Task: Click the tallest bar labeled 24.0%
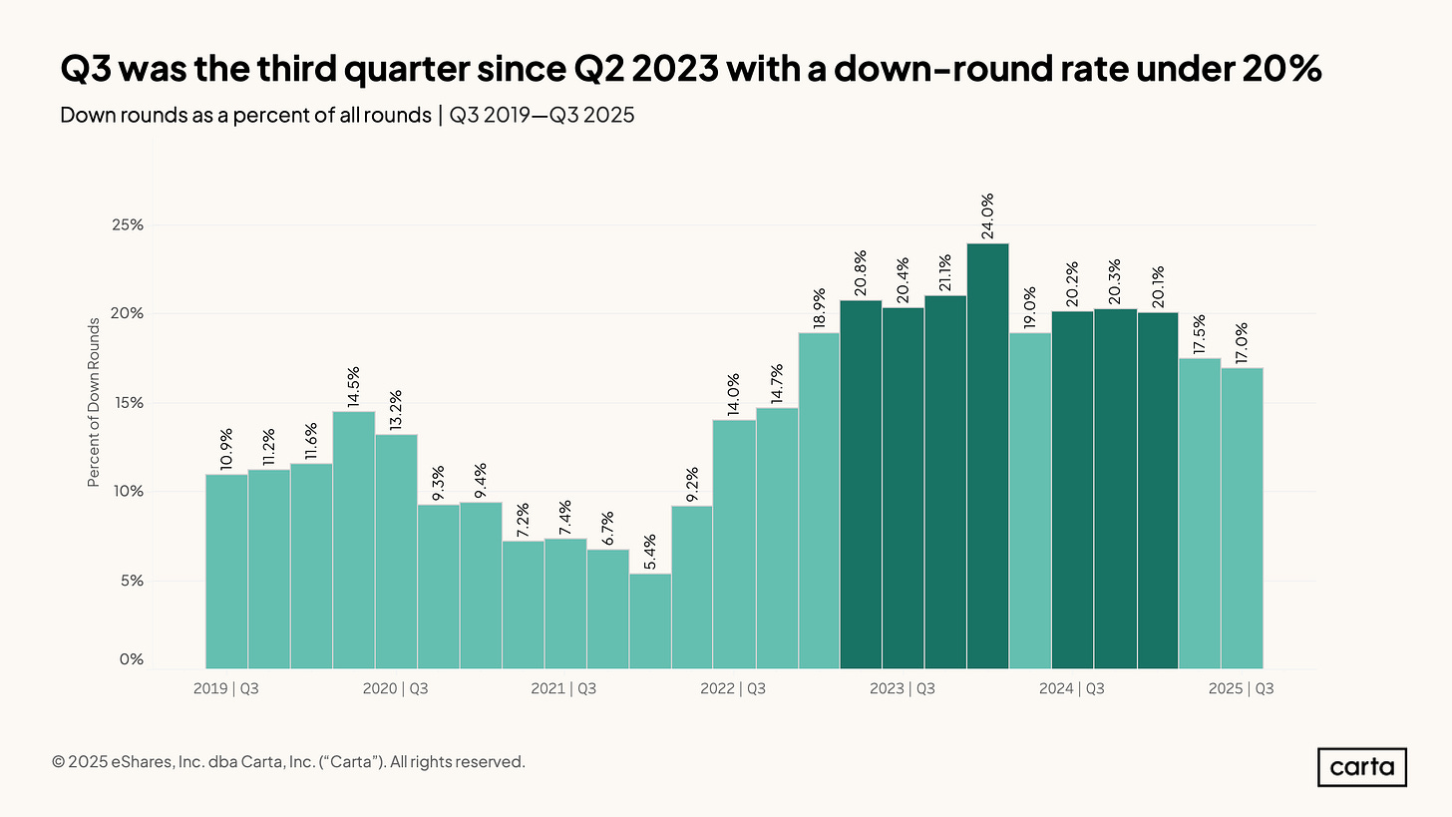point(987,456)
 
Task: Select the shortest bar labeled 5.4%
point(650,620)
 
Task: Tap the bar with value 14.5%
point(354,540)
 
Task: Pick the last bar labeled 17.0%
point(1242,518)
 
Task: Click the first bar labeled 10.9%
point(226,571)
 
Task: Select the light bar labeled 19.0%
point(1030,500)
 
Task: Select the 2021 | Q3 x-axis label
point(564,688)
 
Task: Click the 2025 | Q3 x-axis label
point(1242,688)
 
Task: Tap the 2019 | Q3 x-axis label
point(226,688)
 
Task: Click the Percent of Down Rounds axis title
point(94,403)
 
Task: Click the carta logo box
point(1361,767)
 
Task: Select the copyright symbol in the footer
point(59,762)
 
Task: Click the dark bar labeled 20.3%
point(1115,489)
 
